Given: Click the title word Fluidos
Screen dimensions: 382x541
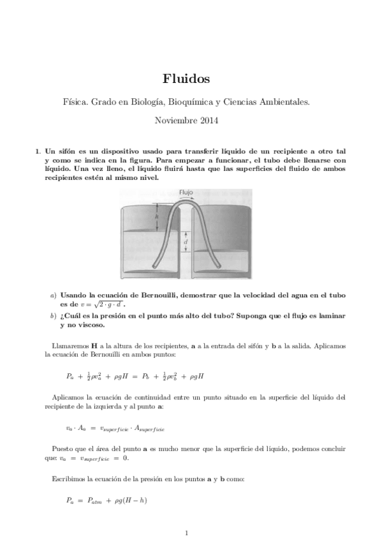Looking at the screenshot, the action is tap(191, 79).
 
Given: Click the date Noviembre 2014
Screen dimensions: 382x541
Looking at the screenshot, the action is tap(191, 119).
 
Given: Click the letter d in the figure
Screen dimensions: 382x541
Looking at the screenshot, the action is tap(185, 242).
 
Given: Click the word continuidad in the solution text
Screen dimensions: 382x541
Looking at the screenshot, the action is tap(157, 397).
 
